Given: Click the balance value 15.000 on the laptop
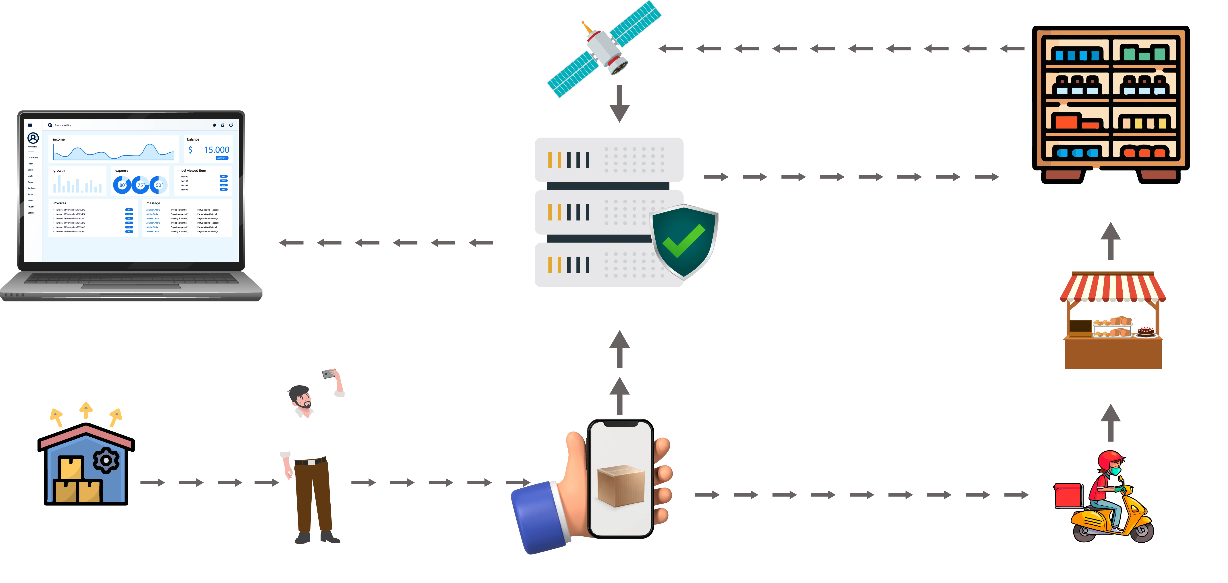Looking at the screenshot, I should click(217, 149).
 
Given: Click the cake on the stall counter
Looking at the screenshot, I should click(1146, 331).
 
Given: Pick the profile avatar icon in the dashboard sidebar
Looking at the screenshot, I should click(33, 138).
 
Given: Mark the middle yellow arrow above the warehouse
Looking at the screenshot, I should click(86, 410).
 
